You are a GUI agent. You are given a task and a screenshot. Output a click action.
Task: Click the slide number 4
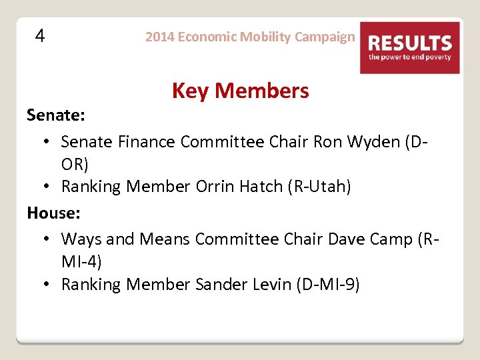(x=40, y=36)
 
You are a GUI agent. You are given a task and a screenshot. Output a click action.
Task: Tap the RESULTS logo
(x=410, y=47)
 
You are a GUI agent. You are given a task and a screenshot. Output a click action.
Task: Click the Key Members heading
(x=240, y=91)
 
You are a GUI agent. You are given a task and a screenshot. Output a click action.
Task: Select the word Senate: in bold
(x=55, y=115)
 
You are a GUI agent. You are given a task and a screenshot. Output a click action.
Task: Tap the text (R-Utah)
(x=319, y=187)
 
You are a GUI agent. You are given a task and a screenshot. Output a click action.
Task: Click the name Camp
(x=385, y=239)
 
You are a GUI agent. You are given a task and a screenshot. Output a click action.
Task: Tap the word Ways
(x=81, y=239)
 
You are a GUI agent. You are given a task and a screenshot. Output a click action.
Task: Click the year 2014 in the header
(x=159, y=37)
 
